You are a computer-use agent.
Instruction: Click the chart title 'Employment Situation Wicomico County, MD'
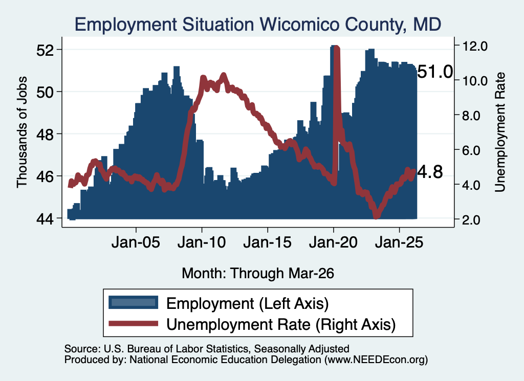pyautogui.click(x=258, y=25)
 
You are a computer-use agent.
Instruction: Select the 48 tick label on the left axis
pyautogui.click(x=45, y=134)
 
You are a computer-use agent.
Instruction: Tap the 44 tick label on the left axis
pyautogui.click(x=45, y=219)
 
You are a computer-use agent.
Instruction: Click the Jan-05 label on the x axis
pyautogui.click(x=136, y=242)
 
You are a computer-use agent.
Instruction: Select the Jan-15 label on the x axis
pyautogui.click(x=267, y=242)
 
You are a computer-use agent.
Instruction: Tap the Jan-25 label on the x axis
pyautogui.click(x=399, y=242)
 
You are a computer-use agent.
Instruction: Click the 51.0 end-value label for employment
pyautogui.click(x=435, y=72)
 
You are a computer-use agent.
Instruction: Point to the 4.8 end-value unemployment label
pyautogui.click(x=430, y=172)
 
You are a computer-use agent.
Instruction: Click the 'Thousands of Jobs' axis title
pyautogui.click(x=21, y=132)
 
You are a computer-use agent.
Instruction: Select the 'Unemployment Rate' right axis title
pyautogui.click(x=499, y=132)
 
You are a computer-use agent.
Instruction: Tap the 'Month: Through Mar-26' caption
pyautogui.click(x=258, y=273)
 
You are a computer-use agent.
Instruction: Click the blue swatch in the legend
pyautogui.click(x=134, y=303)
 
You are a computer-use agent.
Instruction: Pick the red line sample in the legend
pyautogui.click(x=134, y=323)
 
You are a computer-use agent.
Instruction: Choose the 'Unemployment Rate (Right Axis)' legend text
pyautogui.click(x=281, y=324)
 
